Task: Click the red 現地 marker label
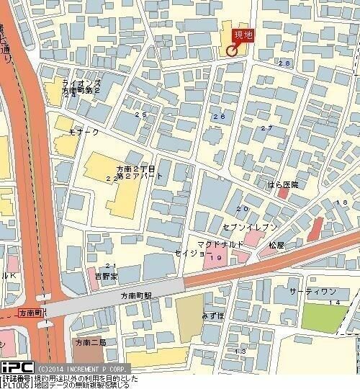pyautogui.click(x=243, y=35)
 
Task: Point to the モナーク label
pyautogui.click(x=84, y=133)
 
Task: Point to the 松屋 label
pyautogui.click(x=278, y=245)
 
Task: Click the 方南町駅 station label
pyautogui.click(x=136, y=296)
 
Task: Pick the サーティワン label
pyautogui.click(x=312, y=290)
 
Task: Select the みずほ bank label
pyautogui.click(x=213, y=316)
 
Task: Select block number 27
pyautogui.click(x=266, y=128)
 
